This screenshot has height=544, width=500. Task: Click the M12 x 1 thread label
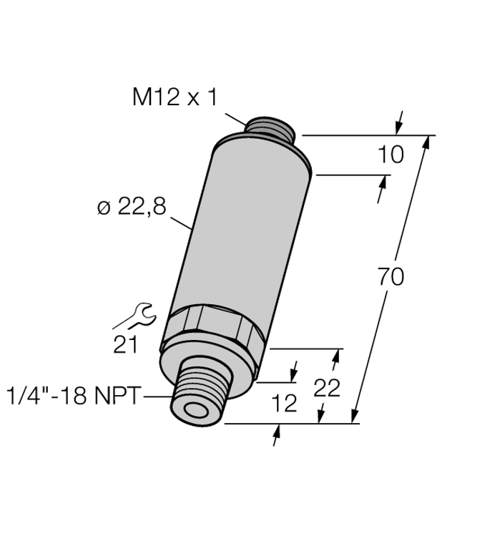[175, 97]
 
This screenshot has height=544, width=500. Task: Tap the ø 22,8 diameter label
[132, 207]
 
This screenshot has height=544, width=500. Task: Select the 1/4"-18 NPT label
[74, 396]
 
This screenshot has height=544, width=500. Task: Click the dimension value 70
[391, 277]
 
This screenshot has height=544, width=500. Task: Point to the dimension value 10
[391, 155]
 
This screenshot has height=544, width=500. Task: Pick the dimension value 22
[327, 387]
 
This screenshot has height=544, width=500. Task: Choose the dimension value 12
[284, 403]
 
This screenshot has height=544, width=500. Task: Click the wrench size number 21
[125, 344]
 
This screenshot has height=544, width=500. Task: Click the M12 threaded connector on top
[270, 128]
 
